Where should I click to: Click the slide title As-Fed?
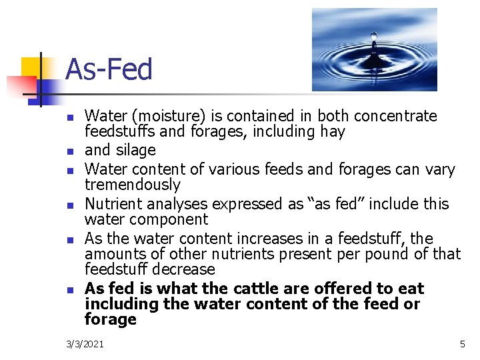point(109,70)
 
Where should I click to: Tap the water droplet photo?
point(374,49)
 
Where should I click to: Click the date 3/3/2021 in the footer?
point(85,344)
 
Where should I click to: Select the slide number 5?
point(462,344)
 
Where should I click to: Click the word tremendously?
point(133,185)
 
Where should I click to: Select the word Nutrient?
point(111,203)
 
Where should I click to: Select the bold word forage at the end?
point(111,319)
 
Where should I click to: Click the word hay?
point(333,132)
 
